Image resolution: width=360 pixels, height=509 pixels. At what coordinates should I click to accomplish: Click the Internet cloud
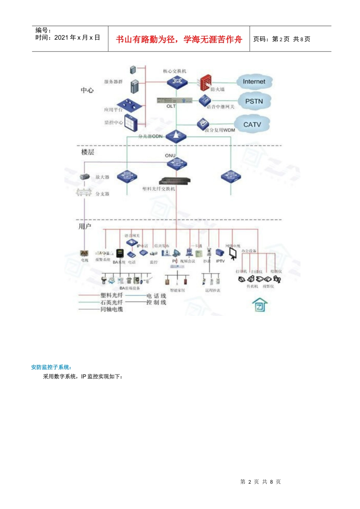pyautogui.click(x=254, y=82)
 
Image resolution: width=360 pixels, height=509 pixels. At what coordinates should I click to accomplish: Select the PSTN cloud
pyautogui.click(x=254, y=101)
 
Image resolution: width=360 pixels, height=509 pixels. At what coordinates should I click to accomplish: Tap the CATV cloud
pyautogui.click(x=252, y=125)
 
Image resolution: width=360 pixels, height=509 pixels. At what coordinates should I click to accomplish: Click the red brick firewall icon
pyautogui.click(x=205, y=82)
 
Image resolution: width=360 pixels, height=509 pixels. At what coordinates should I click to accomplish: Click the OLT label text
pyautogui.click(x=171, y=106)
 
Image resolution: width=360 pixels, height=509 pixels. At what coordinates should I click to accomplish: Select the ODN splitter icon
pyautogui.click(x=176, y=136)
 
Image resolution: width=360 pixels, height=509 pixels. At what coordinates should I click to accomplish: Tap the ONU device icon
pyautogui.click(x=177, y=164)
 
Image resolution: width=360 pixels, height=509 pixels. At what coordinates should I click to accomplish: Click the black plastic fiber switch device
pyautogui.click(x=175, y=181)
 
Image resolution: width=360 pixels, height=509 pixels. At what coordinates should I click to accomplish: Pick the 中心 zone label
pyautogui.click(x=87, y=90)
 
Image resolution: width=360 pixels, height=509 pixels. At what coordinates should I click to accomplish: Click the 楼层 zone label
pyautogui.click(x=88, y=152)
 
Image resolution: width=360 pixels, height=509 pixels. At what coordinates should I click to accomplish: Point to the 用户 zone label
pyautogui.click(x=85, y=226)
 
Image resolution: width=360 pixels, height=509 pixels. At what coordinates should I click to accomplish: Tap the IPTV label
pyautogui.click(x=220, y=261)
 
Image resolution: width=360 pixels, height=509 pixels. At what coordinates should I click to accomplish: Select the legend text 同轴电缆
pyautogui.click(x=112, y=309)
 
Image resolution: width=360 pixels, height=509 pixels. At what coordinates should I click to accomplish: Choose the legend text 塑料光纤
pyautogui.click(x=112, y=295)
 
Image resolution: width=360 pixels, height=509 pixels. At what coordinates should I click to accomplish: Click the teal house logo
pyautogui.click(x=260, y=305)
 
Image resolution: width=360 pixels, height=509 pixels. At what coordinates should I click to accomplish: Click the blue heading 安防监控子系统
pyautogui.click(x=51, y=367)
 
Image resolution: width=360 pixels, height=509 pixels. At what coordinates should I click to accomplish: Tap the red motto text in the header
pyautogui.click(x=179, y=39)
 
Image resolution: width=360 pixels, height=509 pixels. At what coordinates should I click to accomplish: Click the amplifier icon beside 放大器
pyautogui.click(x=85, y=177)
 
